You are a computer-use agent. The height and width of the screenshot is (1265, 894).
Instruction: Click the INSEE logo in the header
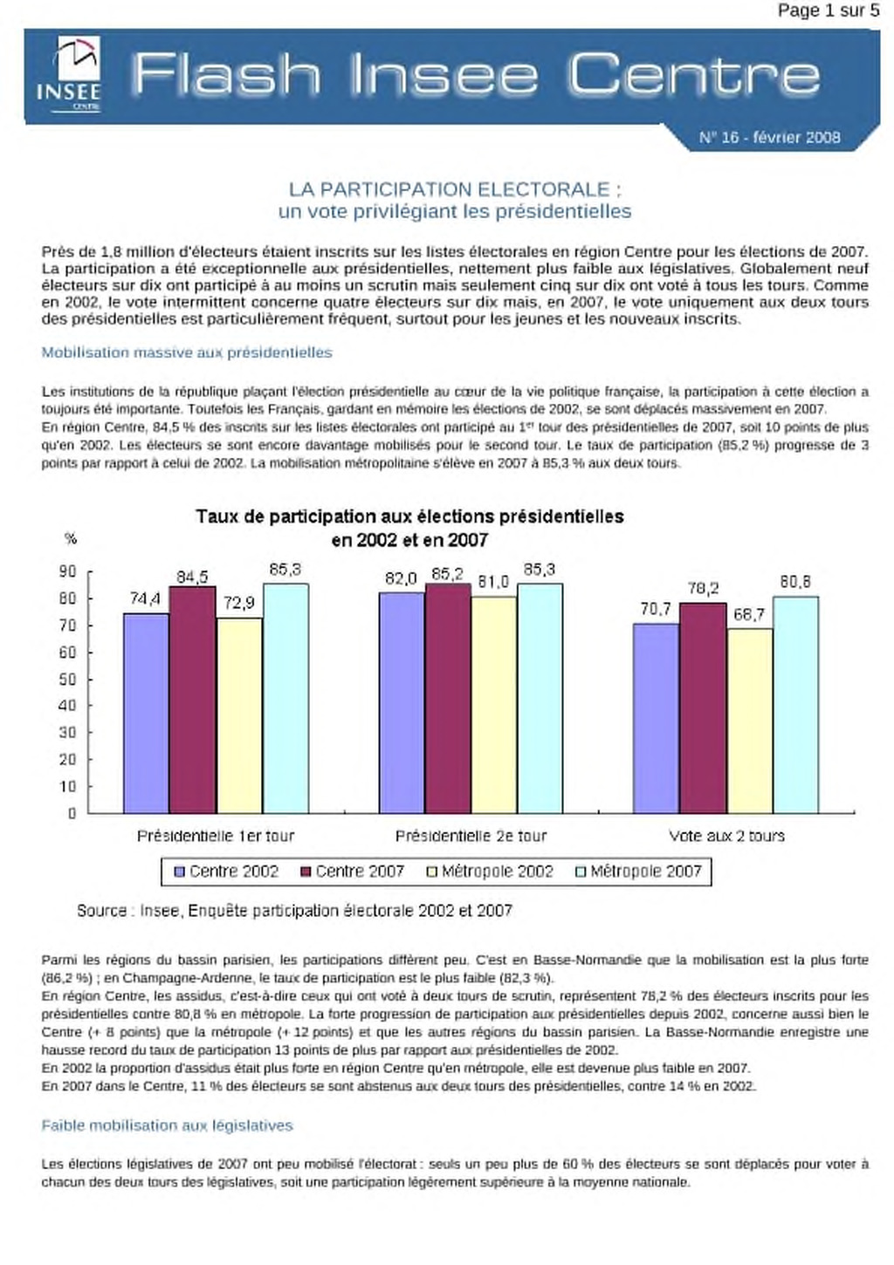69,74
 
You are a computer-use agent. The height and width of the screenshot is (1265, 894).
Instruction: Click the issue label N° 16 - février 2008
770,137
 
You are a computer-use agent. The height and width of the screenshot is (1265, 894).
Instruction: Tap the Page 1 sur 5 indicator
829,10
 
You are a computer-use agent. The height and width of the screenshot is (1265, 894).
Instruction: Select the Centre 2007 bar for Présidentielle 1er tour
193,699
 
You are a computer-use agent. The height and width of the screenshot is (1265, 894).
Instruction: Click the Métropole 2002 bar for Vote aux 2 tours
750,721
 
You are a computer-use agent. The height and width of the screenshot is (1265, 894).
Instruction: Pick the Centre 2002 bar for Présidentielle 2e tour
402,702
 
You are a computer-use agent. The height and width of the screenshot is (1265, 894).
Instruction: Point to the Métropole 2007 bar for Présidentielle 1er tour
285,698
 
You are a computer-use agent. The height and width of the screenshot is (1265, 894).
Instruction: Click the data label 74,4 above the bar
145,598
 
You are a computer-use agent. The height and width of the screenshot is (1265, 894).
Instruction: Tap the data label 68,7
749,614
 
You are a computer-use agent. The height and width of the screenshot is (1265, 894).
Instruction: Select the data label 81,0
493,581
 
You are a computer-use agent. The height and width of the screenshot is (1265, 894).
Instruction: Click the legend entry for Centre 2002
227,871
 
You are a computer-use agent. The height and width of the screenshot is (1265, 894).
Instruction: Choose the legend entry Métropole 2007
638,871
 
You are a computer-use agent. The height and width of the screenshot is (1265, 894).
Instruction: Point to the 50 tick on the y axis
68,679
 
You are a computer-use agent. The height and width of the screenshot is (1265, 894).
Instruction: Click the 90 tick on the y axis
68,571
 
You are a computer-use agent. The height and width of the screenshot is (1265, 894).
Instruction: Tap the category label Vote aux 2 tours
726,836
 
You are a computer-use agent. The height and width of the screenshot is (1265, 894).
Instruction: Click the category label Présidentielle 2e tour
471,836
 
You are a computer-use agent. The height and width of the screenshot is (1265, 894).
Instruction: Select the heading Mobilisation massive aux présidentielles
187,352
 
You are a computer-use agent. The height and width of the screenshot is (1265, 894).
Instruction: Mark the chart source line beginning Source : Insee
294,910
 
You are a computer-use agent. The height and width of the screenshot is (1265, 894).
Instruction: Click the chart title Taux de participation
409,528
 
